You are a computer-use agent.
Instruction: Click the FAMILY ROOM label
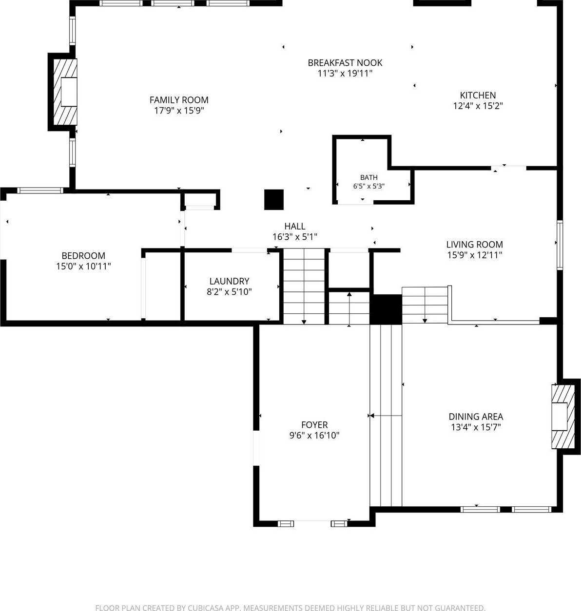coord(179,100)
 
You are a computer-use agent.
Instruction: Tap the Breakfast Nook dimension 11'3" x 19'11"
coord(345,74)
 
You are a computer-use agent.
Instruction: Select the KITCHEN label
coord(478,95)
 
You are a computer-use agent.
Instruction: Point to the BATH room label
coord(369,177)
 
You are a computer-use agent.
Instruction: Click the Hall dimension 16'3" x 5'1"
coord(295,237)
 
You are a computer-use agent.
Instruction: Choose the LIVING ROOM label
coord(475,245)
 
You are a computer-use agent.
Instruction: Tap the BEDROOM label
coord(83,256)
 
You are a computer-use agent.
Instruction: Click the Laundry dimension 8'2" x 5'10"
coord(229,292)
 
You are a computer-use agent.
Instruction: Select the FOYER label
coord(314,424)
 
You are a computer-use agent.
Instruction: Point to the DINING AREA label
coord(476,417)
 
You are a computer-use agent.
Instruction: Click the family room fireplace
coord(65,92)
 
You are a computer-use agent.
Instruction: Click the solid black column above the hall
coord(274,199)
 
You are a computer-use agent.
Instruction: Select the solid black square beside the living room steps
coord(386,309)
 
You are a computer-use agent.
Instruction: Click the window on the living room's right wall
coord(560,245)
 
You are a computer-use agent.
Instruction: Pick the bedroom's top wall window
coord(40,190)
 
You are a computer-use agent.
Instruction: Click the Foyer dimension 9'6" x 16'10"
coord(314,436)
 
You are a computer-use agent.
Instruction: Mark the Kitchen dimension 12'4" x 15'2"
coord(478,106)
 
